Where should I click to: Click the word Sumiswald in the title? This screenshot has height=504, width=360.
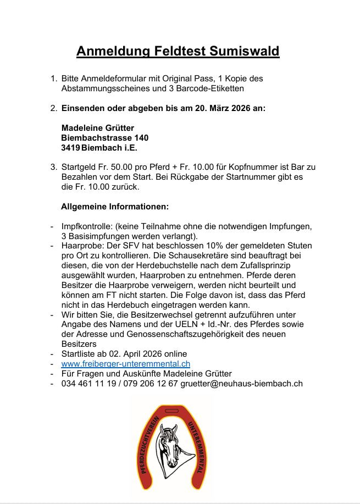point(245,52)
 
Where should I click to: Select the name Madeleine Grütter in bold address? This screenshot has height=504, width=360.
point(98,128)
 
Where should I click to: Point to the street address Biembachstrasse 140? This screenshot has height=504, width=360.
point(104,138)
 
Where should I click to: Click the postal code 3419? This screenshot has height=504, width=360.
point(70,148)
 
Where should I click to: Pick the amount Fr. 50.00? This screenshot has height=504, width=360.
point(120,167)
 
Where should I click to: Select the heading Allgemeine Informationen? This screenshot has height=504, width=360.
point(114,207)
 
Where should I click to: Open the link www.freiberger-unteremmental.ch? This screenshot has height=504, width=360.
point(126,364)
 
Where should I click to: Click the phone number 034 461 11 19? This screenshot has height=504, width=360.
point(88,384)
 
